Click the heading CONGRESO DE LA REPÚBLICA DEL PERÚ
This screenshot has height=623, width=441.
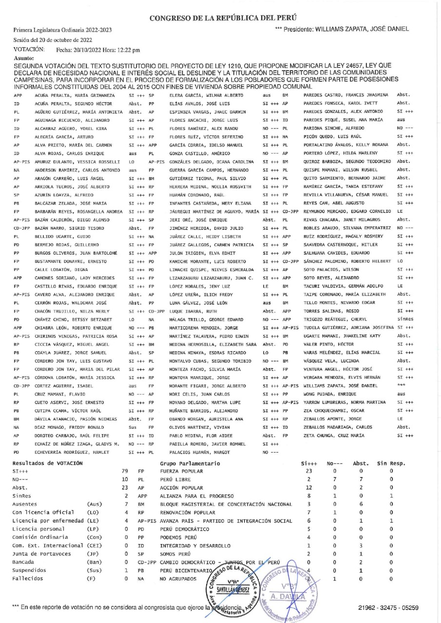pyautogui.click(x=220, y=18)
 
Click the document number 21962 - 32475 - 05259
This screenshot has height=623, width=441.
pyautogui.click(x=388, y=608)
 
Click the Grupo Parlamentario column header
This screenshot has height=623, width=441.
pyautogui.click(x=190, y=450)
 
